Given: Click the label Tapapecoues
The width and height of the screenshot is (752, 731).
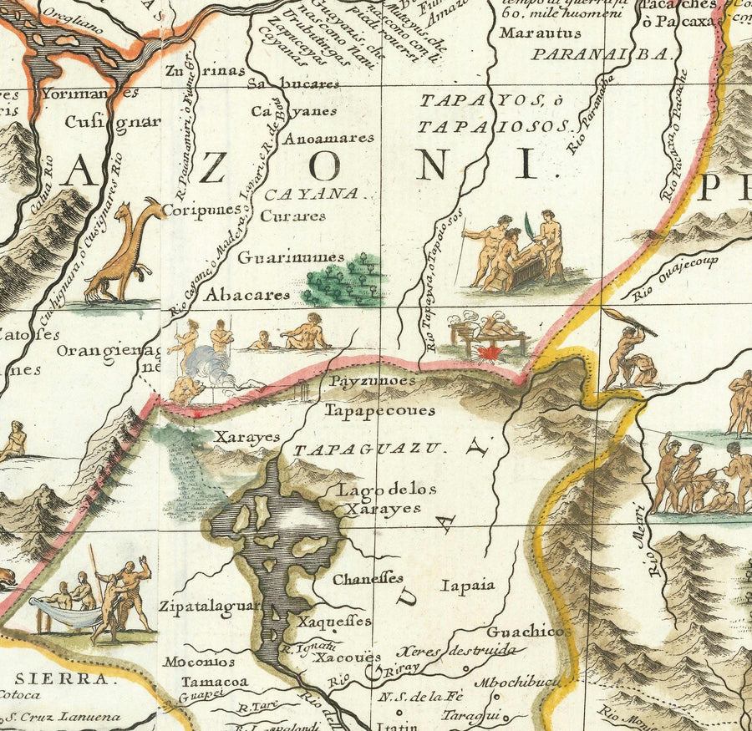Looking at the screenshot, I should click(380, 410).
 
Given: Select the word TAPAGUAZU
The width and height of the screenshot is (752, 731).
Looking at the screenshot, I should click(366, 449).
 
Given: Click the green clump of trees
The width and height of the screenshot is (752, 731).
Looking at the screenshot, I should click(343, 282).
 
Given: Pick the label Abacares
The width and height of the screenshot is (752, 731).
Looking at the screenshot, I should click(248, 295).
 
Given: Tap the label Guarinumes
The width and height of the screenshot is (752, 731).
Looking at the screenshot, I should click(280, 257).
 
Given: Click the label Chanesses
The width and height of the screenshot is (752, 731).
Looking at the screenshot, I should click(368, 578).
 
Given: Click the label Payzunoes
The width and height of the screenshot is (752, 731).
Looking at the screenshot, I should click(373, 381).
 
